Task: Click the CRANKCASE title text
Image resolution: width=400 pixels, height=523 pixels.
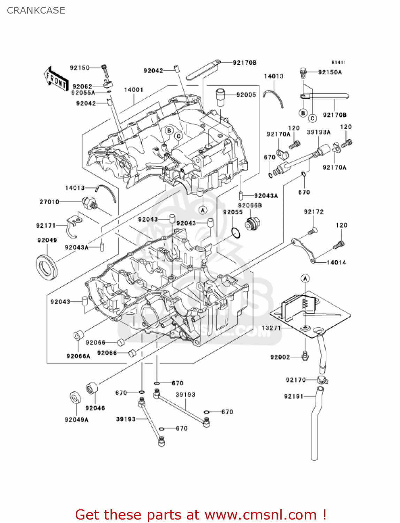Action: point(36,10)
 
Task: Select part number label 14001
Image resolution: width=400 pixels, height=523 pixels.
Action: point(134,90)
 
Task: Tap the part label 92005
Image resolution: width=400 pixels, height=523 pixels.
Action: point(246,95)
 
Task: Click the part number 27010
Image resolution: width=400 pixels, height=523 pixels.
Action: point(49,202)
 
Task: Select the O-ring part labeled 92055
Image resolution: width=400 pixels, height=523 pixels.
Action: point(236,233)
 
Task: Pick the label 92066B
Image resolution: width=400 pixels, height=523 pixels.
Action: point(250,206)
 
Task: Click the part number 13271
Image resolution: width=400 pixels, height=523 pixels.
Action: point(271,328)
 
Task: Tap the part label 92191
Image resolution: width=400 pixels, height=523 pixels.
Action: point(294,396)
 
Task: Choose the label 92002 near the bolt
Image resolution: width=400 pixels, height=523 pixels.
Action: point(280,357)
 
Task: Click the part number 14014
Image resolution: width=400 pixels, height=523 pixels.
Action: point(336,262)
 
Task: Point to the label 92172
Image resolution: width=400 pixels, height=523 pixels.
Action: point(314,212)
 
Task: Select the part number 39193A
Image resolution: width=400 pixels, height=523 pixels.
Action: point(318,132)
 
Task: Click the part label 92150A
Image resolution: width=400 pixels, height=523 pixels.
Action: point(330,72)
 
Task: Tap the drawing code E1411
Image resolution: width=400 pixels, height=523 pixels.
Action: point(338,62)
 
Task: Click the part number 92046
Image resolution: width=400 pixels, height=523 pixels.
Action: point(95,408)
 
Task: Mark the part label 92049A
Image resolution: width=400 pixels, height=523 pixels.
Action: point(76,419)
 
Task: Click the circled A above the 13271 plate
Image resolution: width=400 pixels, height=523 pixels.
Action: point(305,278)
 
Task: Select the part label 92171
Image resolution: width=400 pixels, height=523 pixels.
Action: point(46,226)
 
